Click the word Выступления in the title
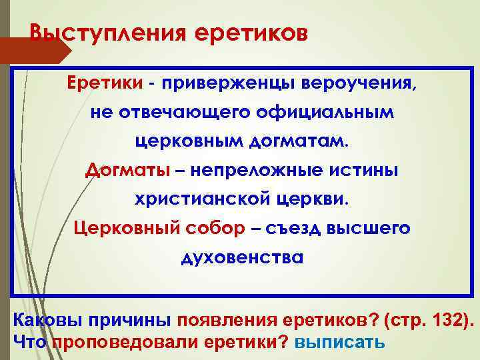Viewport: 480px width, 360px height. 103,32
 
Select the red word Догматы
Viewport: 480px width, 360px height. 127,170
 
